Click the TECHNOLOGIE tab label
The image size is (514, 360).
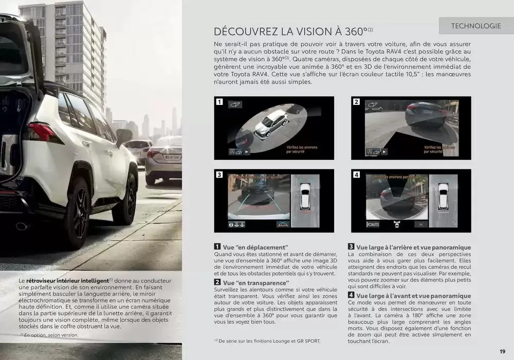pyautogui.click(x=475, y=26)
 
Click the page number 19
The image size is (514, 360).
pyautogui.click(x=502, y=351)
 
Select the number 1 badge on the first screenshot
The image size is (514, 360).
pyautogui.click(x=219, y=102)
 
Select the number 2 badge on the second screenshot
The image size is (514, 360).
pyautogui.click(x=356, y=102)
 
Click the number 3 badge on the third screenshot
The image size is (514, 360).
pyautogui.click(x=219, y=175)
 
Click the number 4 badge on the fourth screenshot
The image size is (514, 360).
pyautogui.click(x=356, y=175)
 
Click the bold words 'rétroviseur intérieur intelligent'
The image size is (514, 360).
pyautogui.click(x=67, y=280)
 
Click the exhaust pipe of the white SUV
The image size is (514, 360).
pyautogui.click(x=22, y=226)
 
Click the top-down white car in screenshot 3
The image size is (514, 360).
pyautogui.click(x=305, y=196)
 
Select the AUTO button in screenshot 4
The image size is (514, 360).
pyautogui.click(x=374, y=224)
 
